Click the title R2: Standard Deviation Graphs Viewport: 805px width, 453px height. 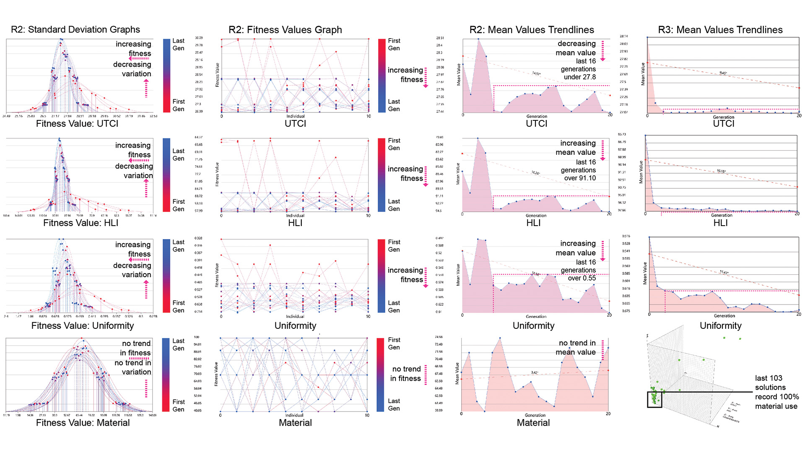coord(75,29)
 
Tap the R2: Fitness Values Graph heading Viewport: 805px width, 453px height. coord(285,30)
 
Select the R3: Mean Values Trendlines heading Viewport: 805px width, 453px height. coord(720,30)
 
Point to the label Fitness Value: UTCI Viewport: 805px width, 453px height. coord(77,124)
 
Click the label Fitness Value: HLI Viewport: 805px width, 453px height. coord(80,223)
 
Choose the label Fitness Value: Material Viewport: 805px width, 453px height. coord(83,423)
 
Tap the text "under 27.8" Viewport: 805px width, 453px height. coord(580,77)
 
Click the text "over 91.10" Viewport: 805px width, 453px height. coord(580,178)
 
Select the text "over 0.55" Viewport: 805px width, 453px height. coord(582,278)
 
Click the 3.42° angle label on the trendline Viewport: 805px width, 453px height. coord(535,372)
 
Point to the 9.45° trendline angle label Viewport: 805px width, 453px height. coord(723,73)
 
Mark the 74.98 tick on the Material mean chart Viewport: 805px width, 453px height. coord(439,337)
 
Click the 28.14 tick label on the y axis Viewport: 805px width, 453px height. coord(623,36)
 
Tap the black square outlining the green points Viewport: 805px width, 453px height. coord(654,399)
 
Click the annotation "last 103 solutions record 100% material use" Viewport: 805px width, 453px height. coord(776,392)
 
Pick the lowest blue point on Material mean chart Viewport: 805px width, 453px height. coord(485,411)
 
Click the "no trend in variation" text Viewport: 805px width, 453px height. coord(133,367)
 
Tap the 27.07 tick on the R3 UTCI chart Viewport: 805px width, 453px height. coord(623,112)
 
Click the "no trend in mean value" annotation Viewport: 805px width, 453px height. coord(577,348)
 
